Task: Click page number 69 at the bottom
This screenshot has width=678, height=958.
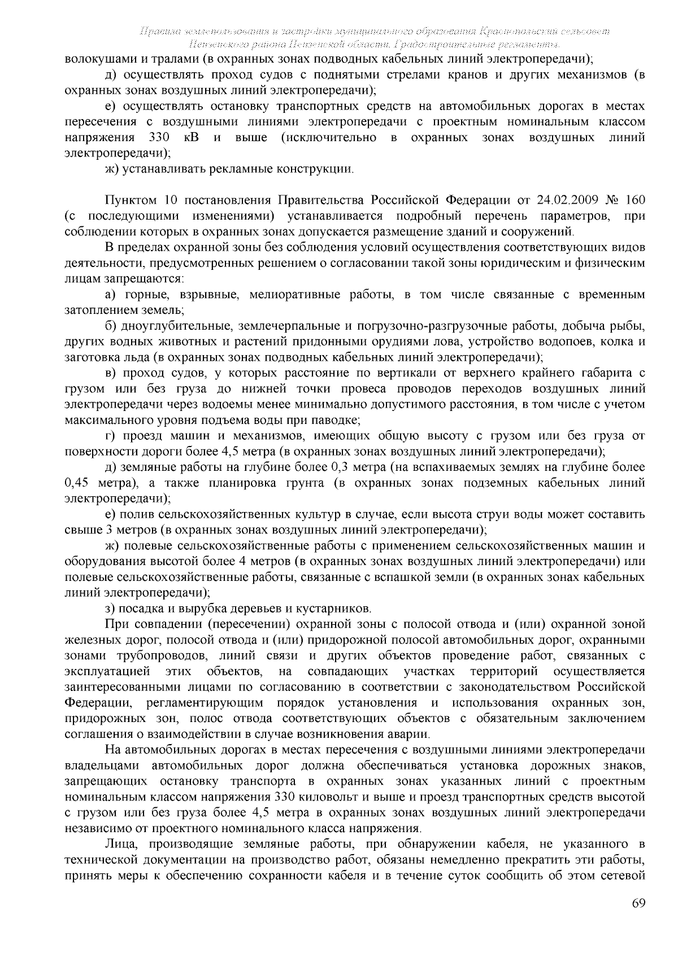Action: tap(638, 903)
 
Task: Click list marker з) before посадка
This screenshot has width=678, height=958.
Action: tap(111, 609)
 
